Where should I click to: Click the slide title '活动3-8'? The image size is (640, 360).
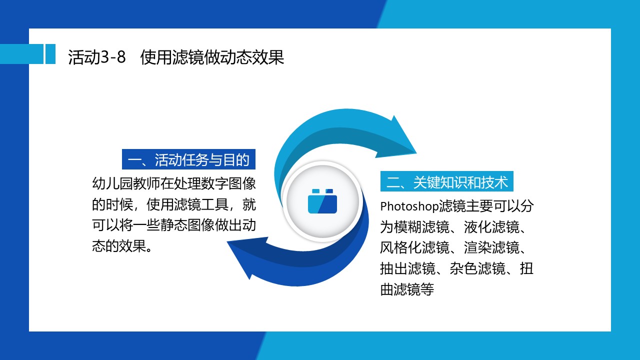click(x=97, y=57)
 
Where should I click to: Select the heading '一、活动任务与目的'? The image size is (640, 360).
click(x=188, y=159)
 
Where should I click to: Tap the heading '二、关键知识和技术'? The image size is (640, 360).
click(x=447, y=181)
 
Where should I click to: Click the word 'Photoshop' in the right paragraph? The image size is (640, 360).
click(x=409, y=206)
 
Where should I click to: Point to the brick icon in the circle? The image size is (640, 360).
click(x=322, y=201)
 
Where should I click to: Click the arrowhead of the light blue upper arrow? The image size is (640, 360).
click(x=398, y=137)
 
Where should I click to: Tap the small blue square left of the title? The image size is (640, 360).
click(x=50, y=54)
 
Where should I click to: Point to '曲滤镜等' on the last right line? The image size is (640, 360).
click(x=407, y=289)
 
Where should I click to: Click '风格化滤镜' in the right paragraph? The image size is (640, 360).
click(x=414, y=247)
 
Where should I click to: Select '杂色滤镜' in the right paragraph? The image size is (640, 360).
click(x=477, y=268)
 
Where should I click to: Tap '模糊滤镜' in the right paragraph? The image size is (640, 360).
click(x=421, y=227)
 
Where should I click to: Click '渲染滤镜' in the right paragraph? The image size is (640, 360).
click(x=491, y=247)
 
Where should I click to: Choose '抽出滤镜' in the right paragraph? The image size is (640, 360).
click(x=407, y=268)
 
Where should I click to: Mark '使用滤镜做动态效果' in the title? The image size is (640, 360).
click(x=212, y=57)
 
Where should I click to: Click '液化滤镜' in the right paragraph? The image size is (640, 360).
click(x=491, y=227)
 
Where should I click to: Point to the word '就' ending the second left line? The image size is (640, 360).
click(x=249, y=204)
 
